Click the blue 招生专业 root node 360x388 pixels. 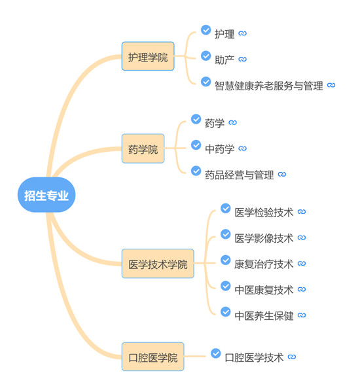tap(46, 195)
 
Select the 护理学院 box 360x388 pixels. tap(148, 56)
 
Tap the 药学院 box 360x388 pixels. tap(143, 149)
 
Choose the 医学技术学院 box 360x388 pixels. tap(158, 264)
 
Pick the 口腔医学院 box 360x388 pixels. tap(153, 357)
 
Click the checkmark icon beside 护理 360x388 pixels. tap(206, 30)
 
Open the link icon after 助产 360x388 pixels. tap(242, 59)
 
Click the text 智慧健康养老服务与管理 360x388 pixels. tap(268, 86)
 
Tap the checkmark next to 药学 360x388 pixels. tap(196, 119)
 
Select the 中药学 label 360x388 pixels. tap(220, 149)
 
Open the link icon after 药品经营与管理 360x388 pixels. tap(281, 174)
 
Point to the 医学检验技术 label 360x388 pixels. tap(264, 212)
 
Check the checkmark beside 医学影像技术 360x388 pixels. tap(226, 234)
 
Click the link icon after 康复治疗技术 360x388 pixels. tap(302, 263)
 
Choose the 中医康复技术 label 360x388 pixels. tap(264, 290)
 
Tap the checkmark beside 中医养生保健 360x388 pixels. tap(226, 312)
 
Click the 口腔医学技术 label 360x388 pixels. tap(254, 357)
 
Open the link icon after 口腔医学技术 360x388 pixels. tap(292, 357)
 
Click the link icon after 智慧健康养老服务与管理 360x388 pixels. tap(331, 85)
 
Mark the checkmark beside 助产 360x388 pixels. tap(206, 56)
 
